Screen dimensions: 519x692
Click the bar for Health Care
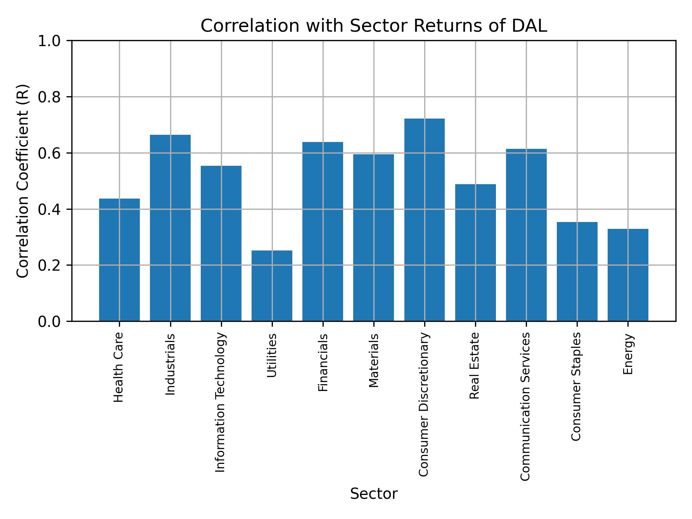(119, 259)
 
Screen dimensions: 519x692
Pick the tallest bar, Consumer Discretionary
(424, 220)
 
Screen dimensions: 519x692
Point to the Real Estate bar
(475, 252)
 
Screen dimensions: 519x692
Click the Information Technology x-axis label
(221, 402)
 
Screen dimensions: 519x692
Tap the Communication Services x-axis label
(525, 406)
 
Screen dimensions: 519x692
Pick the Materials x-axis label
(374, 360)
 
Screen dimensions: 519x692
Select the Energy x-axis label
(628, 354)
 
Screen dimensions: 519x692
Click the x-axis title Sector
(374, 494)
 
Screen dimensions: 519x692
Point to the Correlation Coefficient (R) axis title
(23, 181)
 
